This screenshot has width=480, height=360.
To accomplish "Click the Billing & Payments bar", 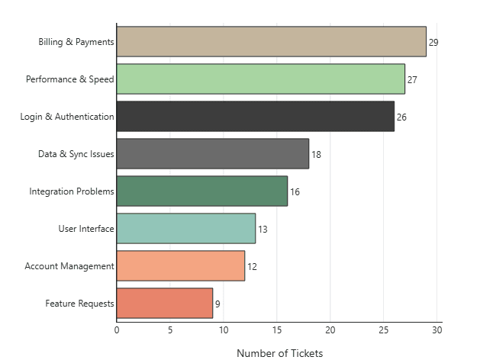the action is tap(271, 42).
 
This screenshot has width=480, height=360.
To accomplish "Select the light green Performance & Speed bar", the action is tap(260, 79).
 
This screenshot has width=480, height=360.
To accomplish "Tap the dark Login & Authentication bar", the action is tap(256, 116).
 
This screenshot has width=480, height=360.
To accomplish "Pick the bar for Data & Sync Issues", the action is tap(213, 153).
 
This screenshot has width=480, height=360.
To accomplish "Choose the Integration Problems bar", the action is tap(202, 191).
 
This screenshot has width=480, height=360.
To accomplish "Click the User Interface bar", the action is tap(185, 229).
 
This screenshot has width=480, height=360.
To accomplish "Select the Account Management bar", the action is tap(181, 265).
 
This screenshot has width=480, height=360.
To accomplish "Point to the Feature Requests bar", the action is tap(165, 303).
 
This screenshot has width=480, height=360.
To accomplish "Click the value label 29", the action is tap(433, 43).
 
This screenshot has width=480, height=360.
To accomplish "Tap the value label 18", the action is tap(316, 155).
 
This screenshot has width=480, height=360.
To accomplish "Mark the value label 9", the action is tap(217, 304).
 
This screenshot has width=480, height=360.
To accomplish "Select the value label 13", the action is tap(263, 230).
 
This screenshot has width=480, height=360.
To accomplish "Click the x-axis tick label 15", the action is tap(277, 330).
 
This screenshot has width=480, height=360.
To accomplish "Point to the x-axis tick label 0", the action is tap(117, 330).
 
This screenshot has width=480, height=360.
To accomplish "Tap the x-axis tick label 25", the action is tap(384, 330).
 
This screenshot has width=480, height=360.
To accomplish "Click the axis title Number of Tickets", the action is tap(280, 353).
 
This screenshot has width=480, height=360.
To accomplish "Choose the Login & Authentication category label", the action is tap(67, 117).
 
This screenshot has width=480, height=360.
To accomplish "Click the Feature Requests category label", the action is tap(79, 304).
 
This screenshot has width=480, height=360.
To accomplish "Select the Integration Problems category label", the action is tap(72, 191).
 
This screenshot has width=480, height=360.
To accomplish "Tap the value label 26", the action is tap(401, 117).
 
